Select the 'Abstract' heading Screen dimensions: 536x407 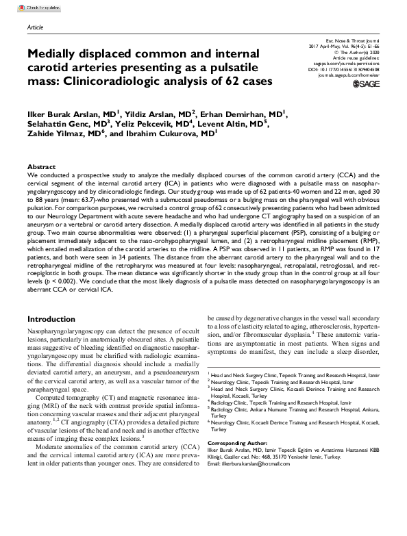point(42,167)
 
